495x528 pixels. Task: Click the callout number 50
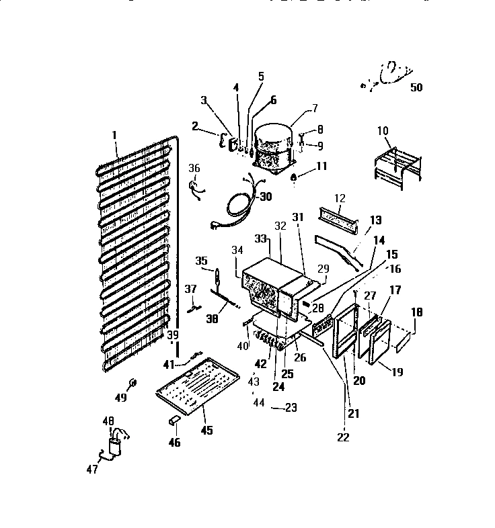(416, 87)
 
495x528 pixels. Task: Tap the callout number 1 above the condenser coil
(115, 135)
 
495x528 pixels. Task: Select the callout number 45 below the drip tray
(206, 430)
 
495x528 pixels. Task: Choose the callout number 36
(194, 168)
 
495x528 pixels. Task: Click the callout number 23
(291, 407)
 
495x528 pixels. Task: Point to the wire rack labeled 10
(396, 165)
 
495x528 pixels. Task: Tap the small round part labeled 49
(132, 382)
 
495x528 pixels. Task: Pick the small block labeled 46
(174, 421)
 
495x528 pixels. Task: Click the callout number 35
(200, 261)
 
